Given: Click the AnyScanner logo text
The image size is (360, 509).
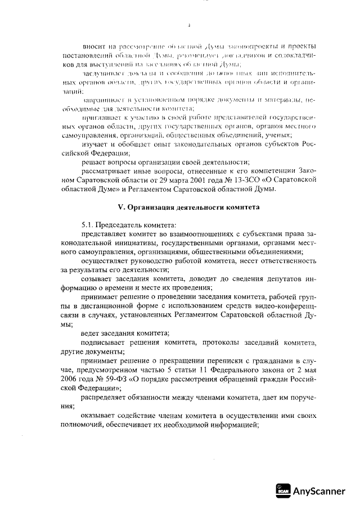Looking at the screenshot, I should coord(319,491).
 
